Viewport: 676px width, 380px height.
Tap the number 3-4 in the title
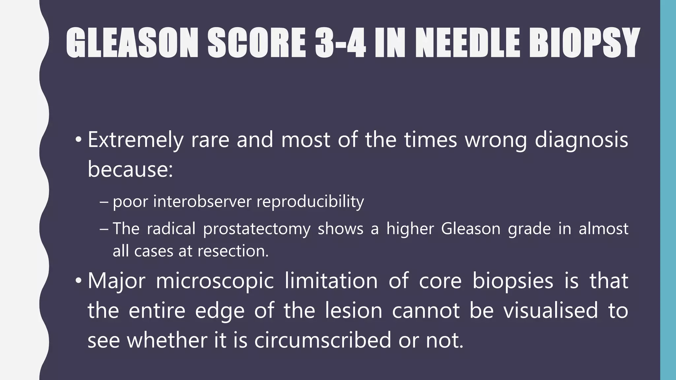[340, 43]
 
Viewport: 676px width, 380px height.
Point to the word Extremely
[135, 140]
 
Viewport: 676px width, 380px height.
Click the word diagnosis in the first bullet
[581, 140]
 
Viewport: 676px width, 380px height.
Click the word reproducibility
[310, 202]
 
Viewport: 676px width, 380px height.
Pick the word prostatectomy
[256, 229]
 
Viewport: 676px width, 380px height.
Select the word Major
[117, 281]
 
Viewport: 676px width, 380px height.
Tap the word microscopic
[215, 282]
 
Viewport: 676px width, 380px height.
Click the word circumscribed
[322, 340]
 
